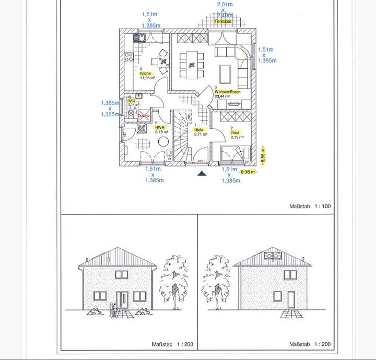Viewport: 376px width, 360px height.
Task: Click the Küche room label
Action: pyautogui.click(x=145, y=74)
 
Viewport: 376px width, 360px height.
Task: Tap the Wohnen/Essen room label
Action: pyautogui.click(x=227, y=92)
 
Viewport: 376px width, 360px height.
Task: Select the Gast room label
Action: pyautogui.click(x=235, y=133)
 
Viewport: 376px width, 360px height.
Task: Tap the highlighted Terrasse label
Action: pyautogui.click(x=222, y=21)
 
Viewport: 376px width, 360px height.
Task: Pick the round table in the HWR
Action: pyautogui.click(x=163, y=142)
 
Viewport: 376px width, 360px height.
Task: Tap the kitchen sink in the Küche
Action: pyautogui.click(x=139, y=37)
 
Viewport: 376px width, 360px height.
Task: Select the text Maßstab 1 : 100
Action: pyautogui.click(x=310, y=207)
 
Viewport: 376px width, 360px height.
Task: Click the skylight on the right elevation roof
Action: pyautogui.click(x=274, y=255)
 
